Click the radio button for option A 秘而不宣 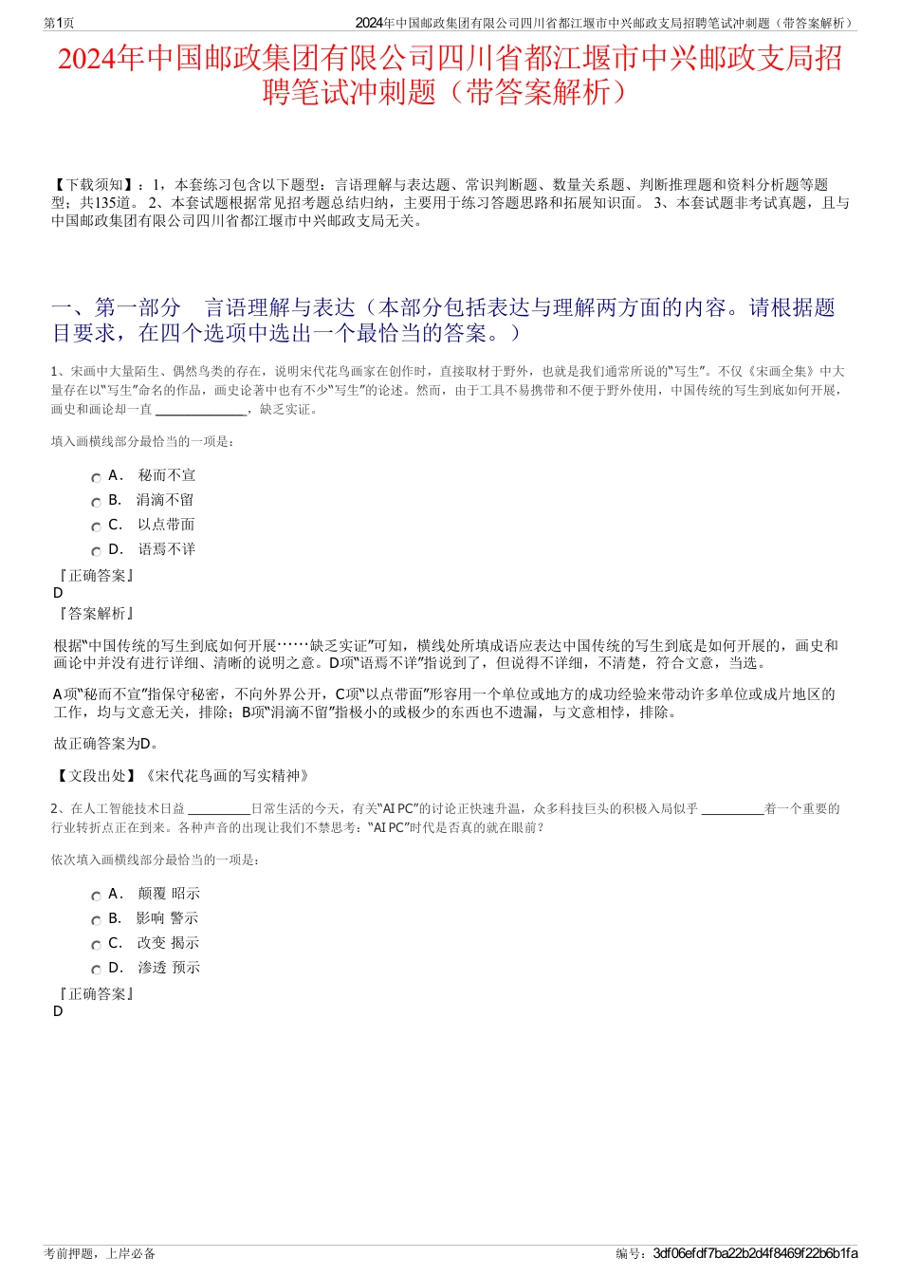coord(96,478)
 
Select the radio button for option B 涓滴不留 coord(96,503)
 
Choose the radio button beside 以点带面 coord(96,527)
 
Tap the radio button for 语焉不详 coord(96,552)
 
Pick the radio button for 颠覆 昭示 coord(96,897)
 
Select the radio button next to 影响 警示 coord(96,921)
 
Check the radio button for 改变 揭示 coord(96,946)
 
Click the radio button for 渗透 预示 coord(96,971)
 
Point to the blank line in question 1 coord(199,412)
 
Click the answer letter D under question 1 coord(58,593)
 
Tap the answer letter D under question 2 coord(58,1011)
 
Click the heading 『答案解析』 coord(95,614)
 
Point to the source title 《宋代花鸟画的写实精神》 coord(227,776)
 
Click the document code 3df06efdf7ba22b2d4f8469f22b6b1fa coord(755,1253)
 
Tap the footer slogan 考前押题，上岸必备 coord(100,1253)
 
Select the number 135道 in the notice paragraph coord(118,203)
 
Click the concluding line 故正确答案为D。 coord(106,744)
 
